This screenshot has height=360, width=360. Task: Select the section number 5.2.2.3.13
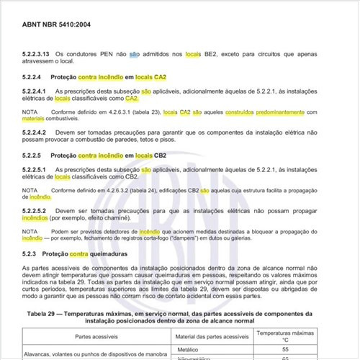[x=37, y=55]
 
